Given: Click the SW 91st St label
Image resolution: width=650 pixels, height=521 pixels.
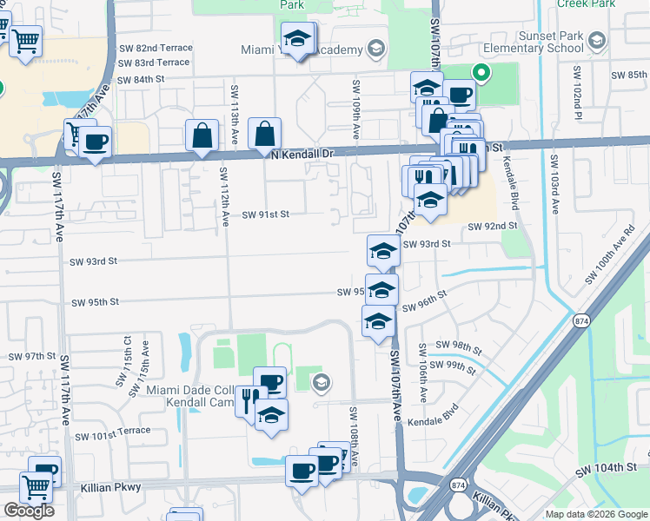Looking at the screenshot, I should tap(265, 214).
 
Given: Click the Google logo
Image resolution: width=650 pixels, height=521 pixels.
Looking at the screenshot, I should tap(29, 511).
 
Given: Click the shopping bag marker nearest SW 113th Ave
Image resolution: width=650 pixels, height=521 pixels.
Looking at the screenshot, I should tap(202, 135).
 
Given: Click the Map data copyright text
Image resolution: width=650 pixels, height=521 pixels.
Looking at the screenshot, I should tap(597, 514).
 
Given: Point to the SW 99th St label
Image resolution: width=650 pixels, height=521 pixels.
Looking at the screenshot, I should tap(455, 366).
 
